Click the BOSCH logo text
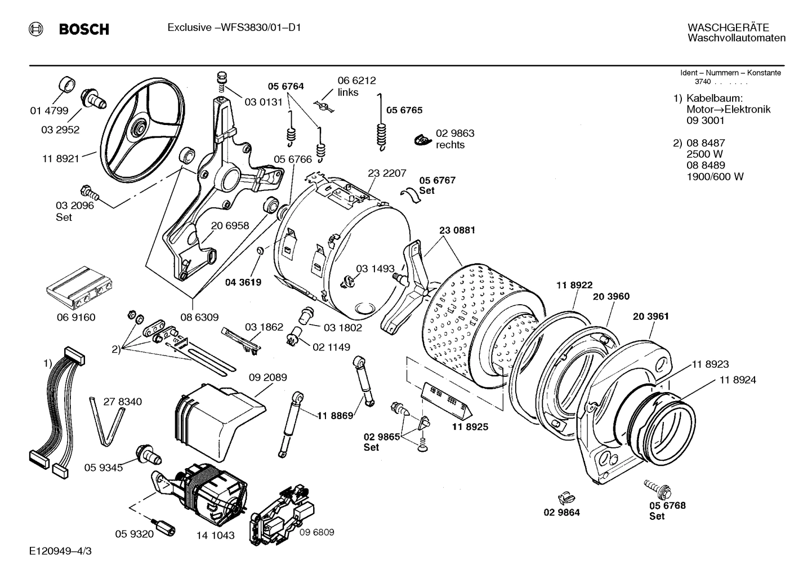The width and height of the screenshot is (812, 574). click(84, 29)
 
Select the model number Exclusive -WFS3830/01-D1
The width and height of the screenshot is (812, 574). click(234, 28)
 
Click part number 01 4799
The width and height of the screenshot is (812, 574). click(49, 111)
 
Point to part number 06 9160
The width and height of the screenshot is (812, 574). click(76, 317)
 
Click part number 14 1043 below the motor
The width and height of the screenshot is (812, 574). click(215, 535)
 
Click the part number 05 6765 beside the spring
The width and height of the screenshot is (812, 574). click(404, 110)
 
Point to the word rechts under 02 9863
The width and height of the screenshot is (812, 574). click(450, 145)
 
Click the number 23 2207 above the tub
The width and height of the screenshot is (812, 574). click(387, 173)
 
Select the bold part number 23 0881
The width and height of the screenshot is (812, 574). click(457, 230)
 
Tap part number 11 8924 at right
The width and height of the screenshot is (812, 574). click(738, 380)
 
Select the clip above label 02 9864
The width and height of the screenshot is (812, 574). click(565, 497)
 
